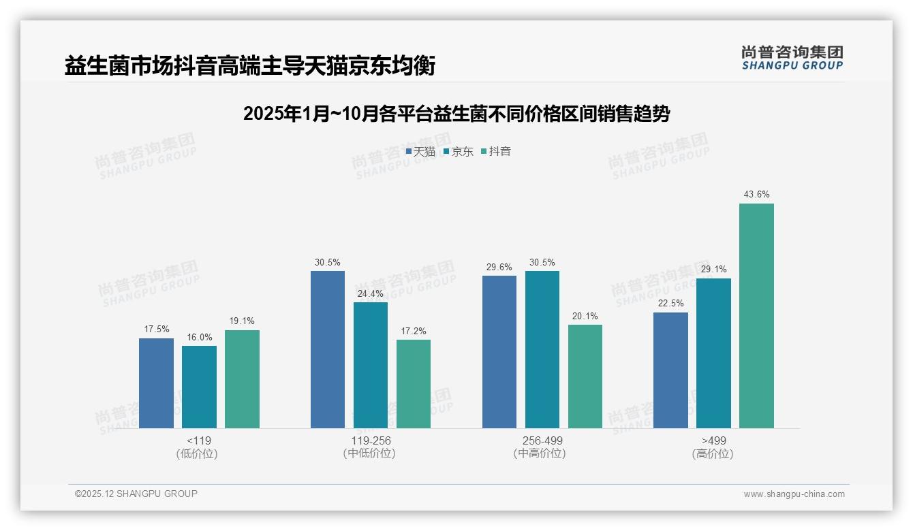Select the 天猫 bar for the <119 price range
(156, 383)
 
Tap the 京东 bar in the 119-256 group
(370, 365)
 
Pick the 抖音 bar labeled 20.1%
(585, 376)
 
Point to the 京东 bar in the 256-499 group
(542, 349)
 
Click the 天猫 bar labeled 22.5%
(670, 370)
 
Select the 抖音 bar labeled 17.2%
(413, 383)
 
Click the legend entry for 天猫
(420, 152)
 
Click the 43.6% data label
(756, 195)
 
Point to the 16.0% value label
(199, 337)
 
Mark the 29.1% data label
(713, 270)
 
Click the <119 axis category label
(199, 441)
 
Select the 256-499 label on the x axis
(542, 441)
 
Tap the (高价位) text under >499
(713, 454)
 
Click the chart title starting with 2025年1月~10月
(456, 114)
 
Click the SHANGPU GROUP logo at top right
(792, 58)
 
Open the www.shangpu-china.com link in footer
(794, 494)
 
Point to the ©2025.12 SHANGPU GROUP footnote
(136, 494)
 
